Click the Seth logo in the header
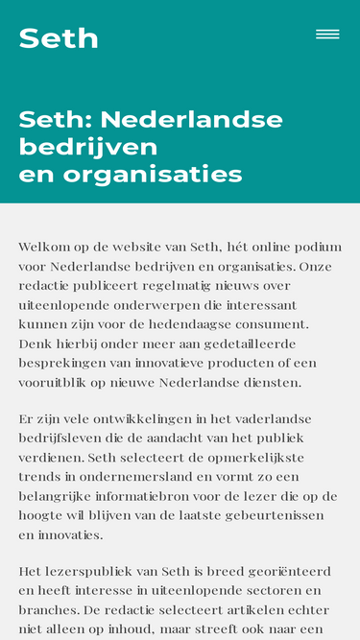pyautogui.click(x=59, y=38)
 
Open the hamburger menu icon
pyautogui.click(x=327, y=35)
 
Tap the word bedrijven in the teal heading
pyautogui.click(x=88, y=147)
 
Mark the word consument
pyautogui.click(x=269, y=324)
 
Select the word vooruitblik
pyautogui.click(x=58, y=382)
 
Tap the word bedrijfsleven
pyautogui.click(x=62, y=439)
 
